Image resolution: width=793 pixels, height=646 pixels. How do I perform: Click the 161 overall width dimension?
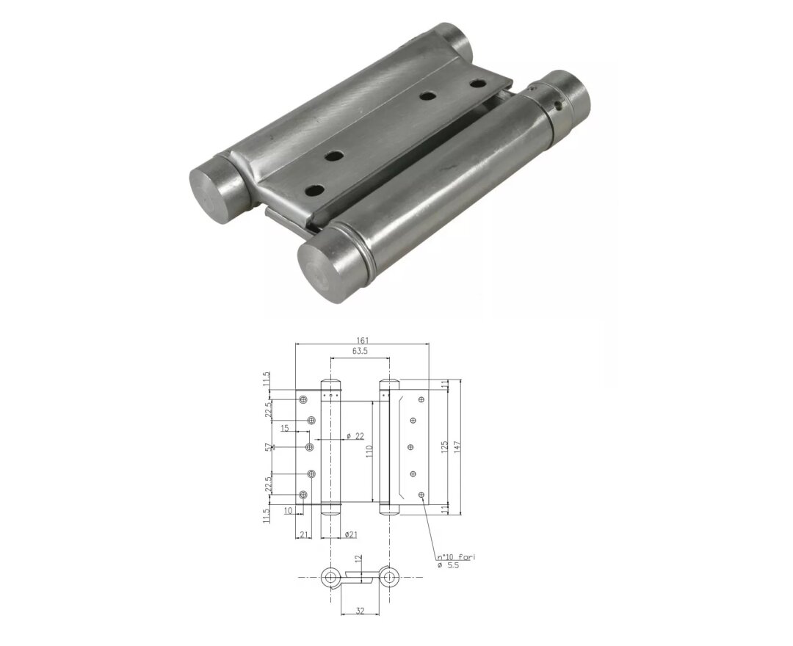coord(362,340)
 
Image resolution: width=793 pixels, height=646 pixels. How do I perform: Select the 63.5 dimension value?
coord(360,352)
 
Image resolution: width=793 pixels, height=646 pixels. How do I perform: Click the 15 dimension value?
coord(284,428)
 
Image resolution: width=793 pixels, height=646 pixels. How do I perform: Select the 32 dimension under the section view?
coord(360,609)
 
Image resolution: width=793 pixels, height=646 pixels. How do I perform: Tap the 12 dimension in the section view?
coord(359,559)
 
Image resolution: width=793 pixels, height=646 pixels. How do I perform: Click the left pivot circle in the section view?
coord(331,576)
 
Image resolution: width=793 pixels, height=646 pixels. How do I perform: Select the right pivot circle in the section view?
coord(388,576)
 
